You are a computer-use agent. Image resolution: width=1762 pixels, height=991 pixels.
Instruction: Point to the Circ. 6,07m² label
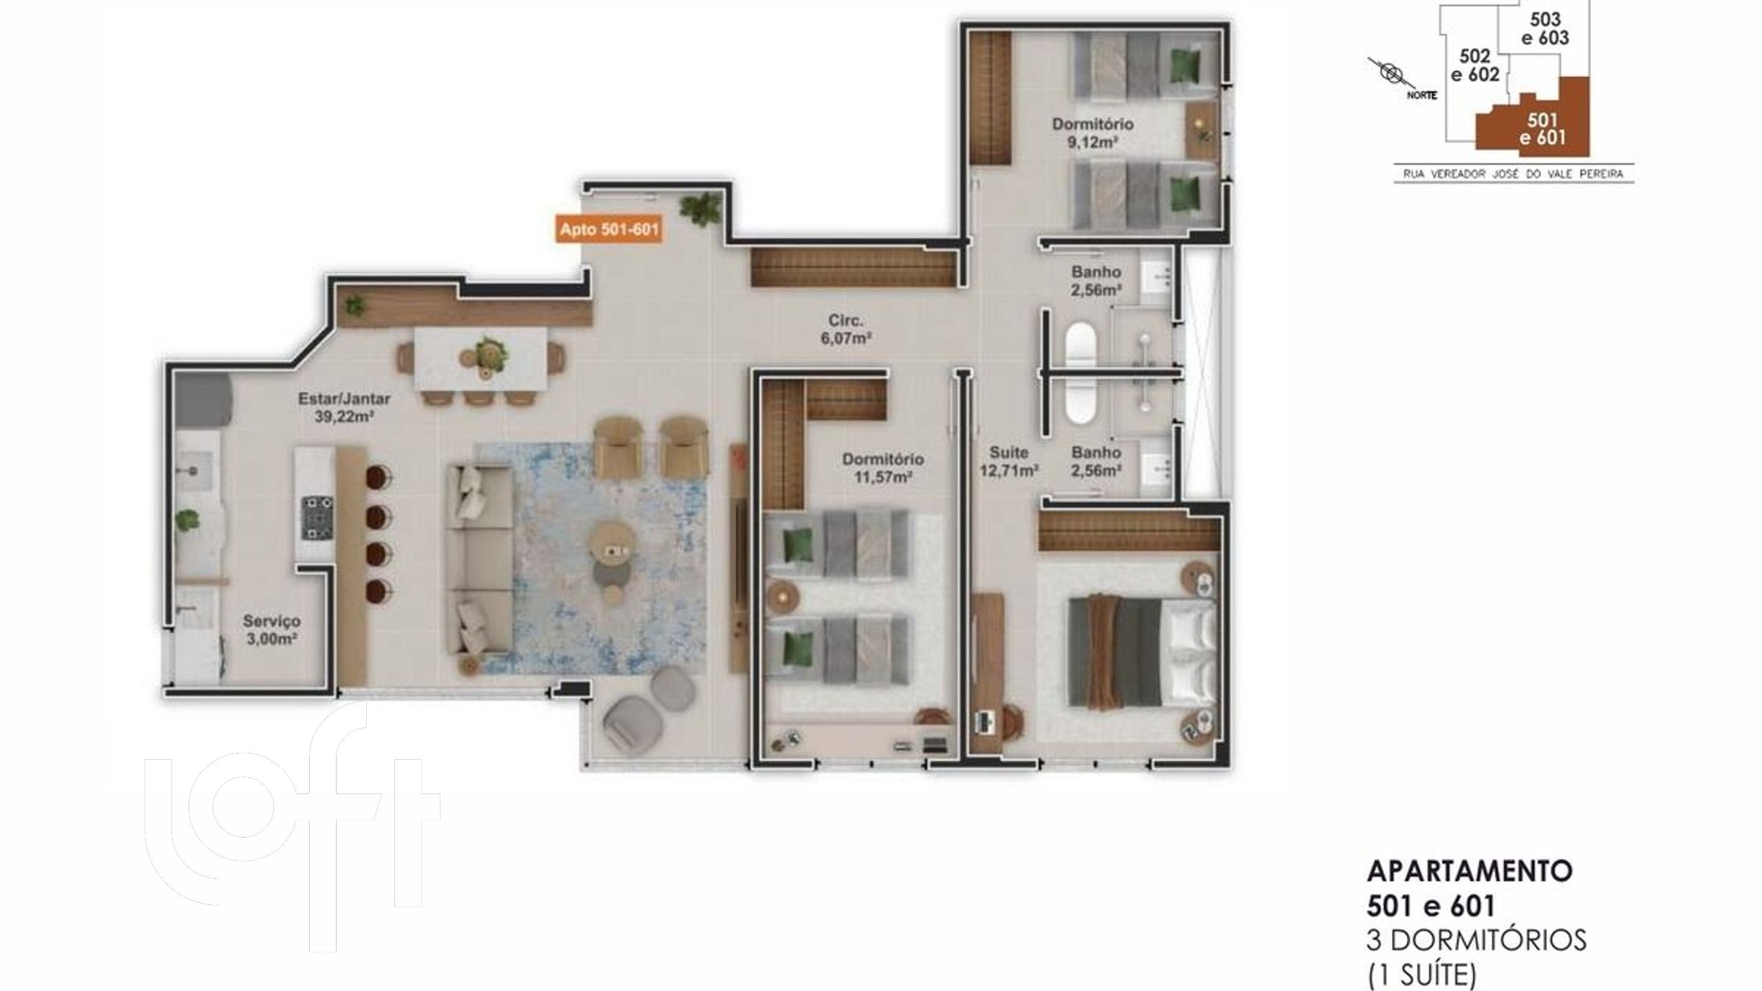click(x=845, y=329)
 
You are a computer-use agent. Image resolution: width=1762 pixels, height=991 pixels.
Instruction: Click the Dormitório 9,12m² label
click(x=1092, y=134)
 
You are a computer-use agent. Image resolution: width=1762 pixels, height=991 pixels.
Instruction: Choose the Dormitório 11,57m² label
click(x=883, y=468)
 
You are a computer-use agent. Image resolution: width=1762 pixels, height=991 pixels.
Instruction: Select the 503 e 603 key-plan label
click(x=1545, y=28)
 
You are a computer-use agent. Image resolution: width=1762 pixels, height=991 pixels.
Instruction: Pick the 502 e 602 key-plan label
click(x=1475, y=65)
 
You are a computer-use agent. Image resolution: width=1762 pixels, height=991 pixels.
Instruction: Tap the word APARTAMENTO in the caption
click(x=1469, y=871)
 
